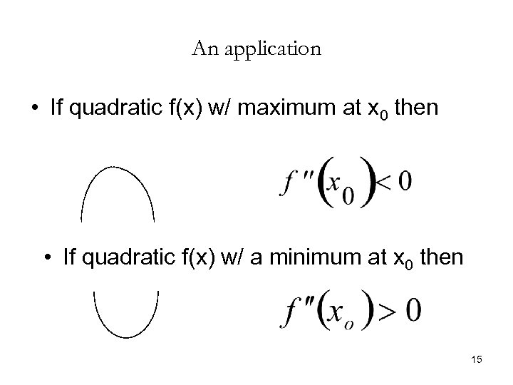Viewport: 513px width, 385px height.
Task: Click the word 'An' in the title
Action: click(203, 50)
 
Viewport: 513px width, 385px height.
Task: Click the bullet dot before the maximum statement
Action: click(33, 109)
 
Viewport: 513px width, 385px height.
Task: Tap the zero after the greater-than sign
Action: click(413, 310)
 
